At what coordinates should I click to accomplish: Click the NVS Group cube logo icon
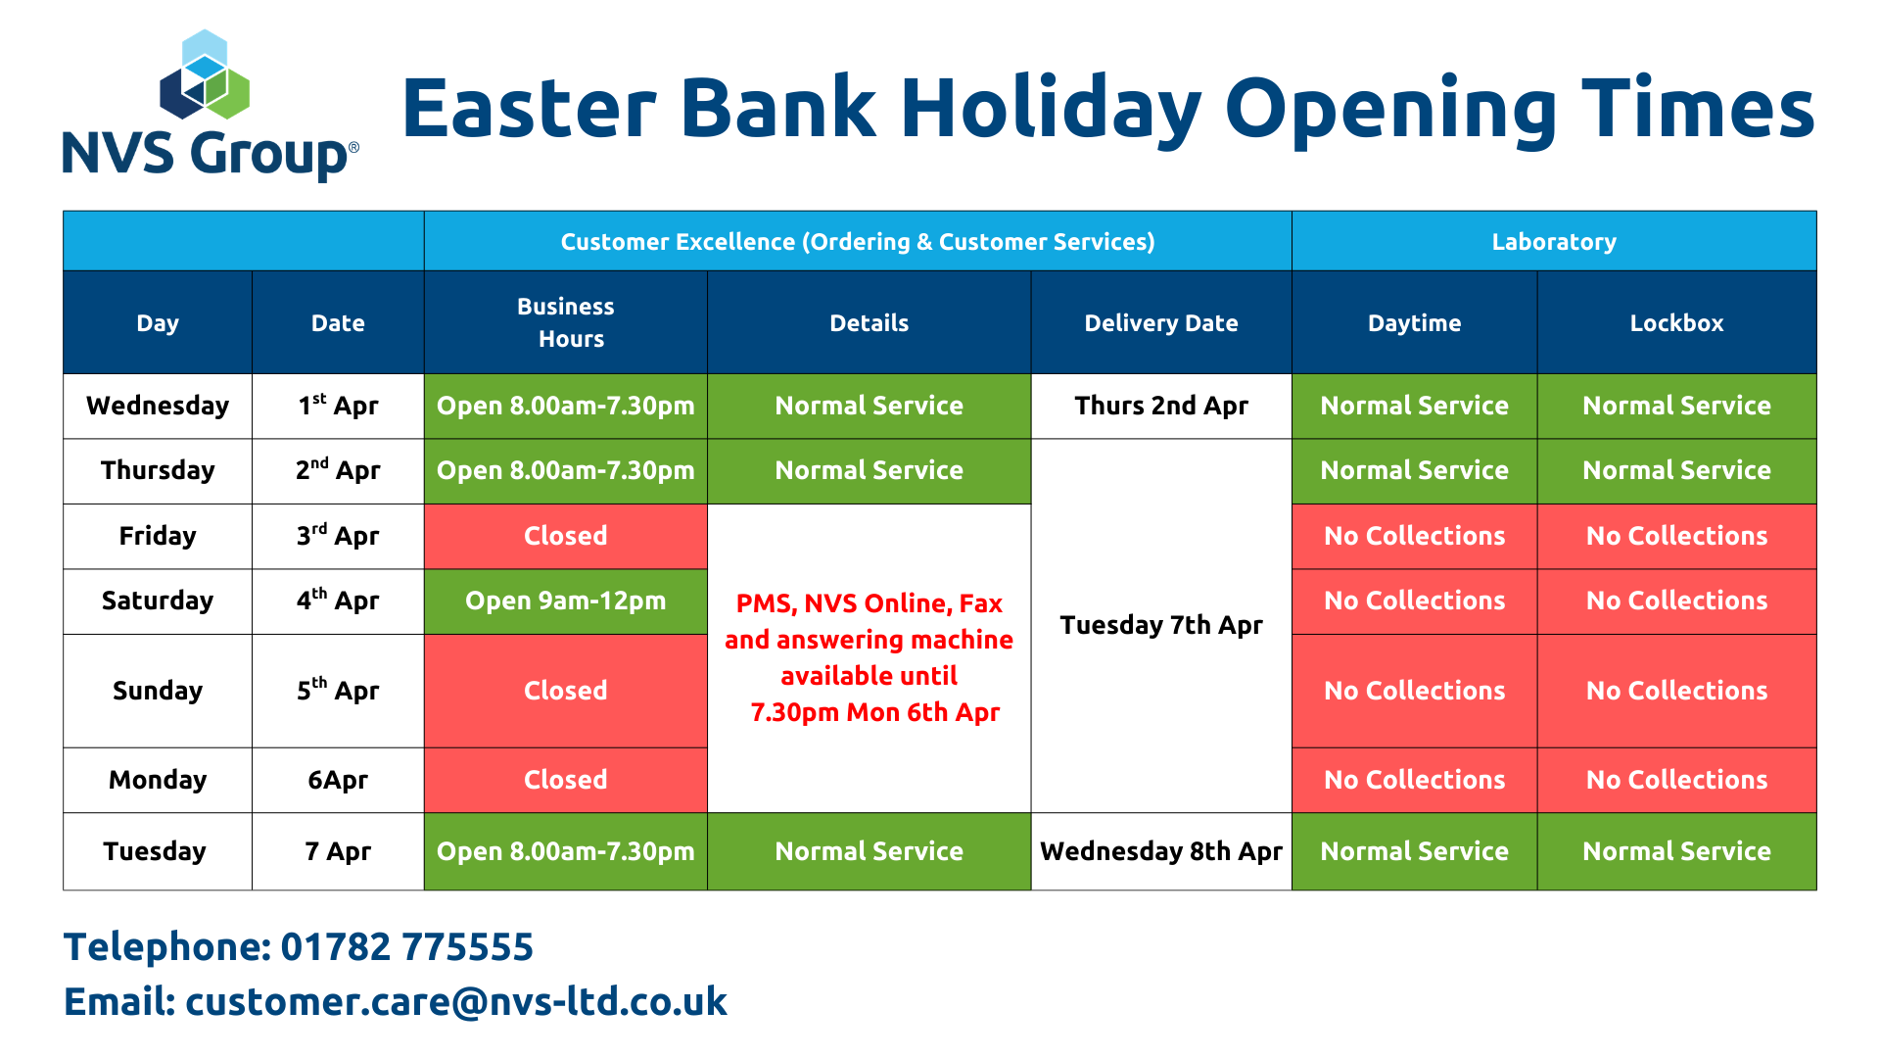point(205,74)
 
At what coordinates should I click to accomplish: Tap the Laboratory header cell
point(1554,241)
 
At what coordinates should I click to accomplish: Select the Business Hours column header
point(566,322)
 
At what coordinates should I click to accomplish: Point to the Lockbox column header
point(1676,322)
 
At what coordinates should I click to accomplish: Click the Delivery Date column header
point(1161,322)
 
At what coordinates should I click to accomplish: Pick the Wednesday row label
point(158,406)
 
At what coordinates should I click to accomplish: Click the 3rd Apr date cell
point(338,536)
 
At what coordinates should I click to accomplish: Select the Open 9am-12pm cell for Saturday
point(566,601)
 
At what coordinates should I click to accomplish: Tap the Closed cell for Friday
point(566,536)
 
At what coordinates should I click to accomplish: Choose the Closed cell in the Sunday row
point(566,691)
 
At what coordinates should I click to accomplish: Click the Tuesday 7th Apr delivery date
point(1161,625)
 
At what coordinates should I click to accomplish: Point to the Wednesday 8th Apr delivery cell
point(1161,851)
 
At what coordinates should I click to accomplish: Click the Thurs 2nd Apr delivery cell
point(1161,406)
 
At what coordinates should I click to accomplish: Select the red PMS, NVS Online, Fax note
point(869,657)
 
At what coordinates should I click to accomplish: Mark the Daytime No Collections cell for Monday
point(1415,780)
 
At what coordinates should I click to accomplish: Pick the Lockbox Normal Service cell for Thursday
point(1676,470)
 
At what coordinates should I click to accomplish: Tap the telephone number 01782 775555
point(407,946)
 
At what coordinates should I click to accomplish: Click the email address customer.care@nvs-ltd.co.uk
point(456,1001)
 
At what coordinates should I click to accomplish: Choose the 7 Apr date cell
point(338,851)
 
